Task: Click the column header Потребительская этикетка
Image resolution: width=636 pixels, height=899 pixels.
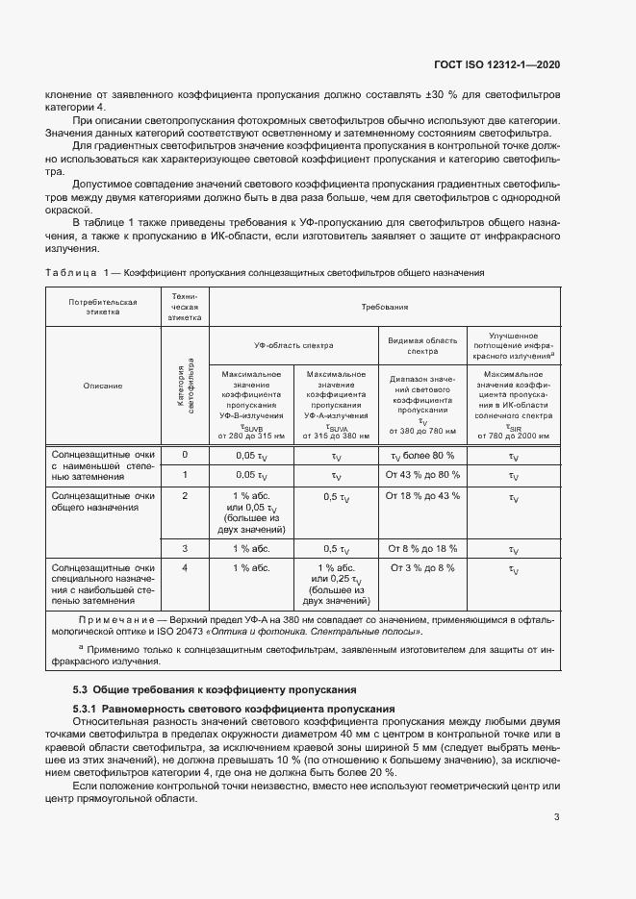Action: [x=103, y=307]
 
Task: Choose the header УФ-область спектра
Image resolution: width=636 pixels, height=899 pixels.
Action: [x=293, y=343]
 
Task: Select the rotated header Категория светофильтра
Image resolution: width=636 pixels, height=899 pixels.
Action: [x=185, y=386]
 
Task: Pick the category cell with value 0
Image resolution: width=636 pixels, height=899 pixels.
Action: [x=185, y=454]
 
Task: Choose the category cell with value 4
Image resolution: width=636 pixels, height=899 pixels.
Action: [x=185, y=568]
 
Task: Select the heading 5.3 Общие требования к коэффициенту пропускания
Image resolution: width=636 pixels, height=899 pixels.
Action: [x=216, y=689]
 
